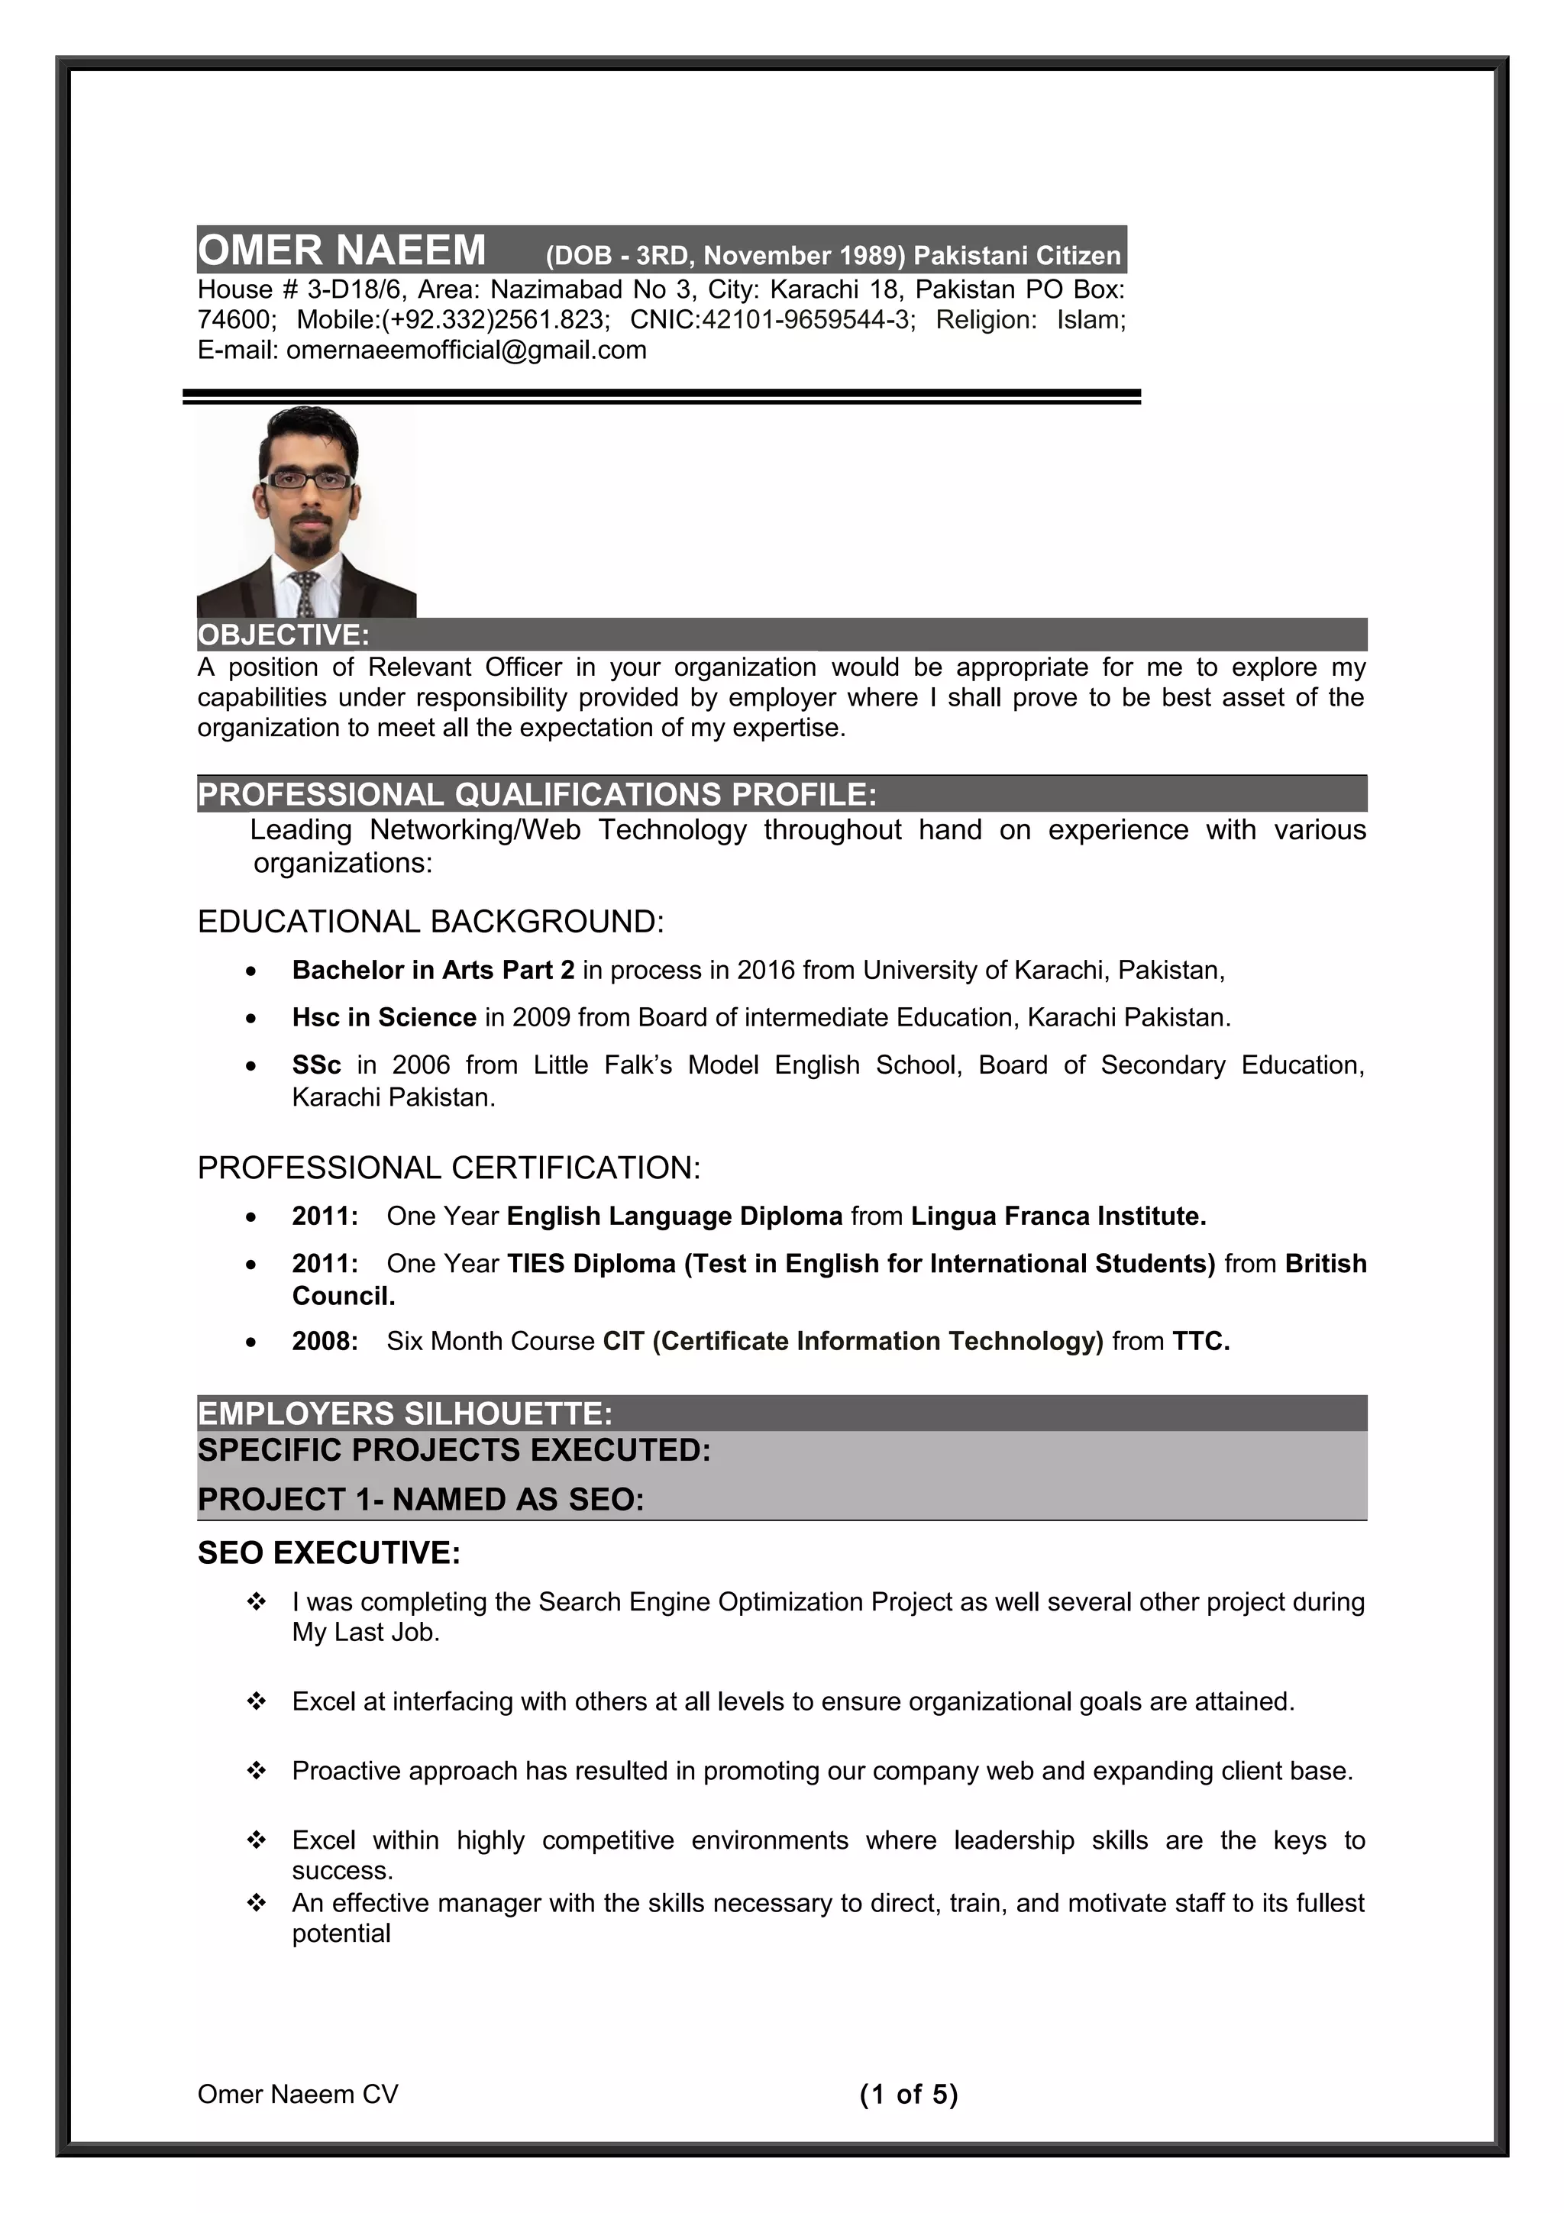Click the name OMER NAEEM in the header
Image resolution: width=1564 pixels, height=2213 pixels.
341,250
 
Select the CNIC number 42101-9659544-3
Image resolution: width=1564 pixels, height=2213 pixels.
806,320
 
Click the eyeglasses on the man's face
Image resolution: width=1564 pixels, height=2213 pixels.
308,479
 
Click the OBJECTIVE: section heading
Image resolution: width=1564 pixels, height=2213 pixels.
283,635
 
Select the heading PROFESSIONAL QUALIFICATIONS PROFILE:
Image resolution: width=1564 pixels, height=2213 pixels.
537,794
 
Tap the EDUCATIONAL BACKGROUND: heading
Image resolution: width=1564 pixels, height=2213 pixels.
430,922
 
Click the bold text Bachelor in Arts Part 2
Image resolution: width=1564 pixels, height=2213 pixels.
433,970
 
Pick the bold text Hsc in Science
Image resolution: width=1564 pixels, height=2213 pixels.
383,1017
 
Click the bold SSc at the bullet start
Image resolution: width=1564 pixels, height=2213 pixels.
316,1065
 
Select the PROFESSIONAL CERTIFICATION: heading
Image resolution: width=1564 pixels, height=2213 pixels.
448,1168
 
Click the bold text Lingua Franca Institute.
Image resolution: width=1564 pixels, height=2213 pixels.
1057,1216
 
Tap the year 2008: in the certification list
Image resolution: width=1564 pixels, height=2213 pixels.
325,1341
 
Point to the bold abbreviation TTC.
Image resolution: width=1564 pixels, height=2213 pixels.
1200,1341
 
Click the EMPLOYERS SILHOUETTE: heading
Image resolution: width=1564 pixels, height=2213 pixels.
405,1414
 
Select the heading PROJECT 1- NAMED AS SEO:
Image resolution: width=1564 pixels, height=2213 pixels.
420,1500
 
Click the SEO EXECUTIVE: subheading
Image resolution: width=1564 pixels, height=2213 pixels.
328,1552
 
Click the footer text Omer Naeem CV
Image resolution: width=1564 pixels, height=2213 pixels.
298,2095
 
